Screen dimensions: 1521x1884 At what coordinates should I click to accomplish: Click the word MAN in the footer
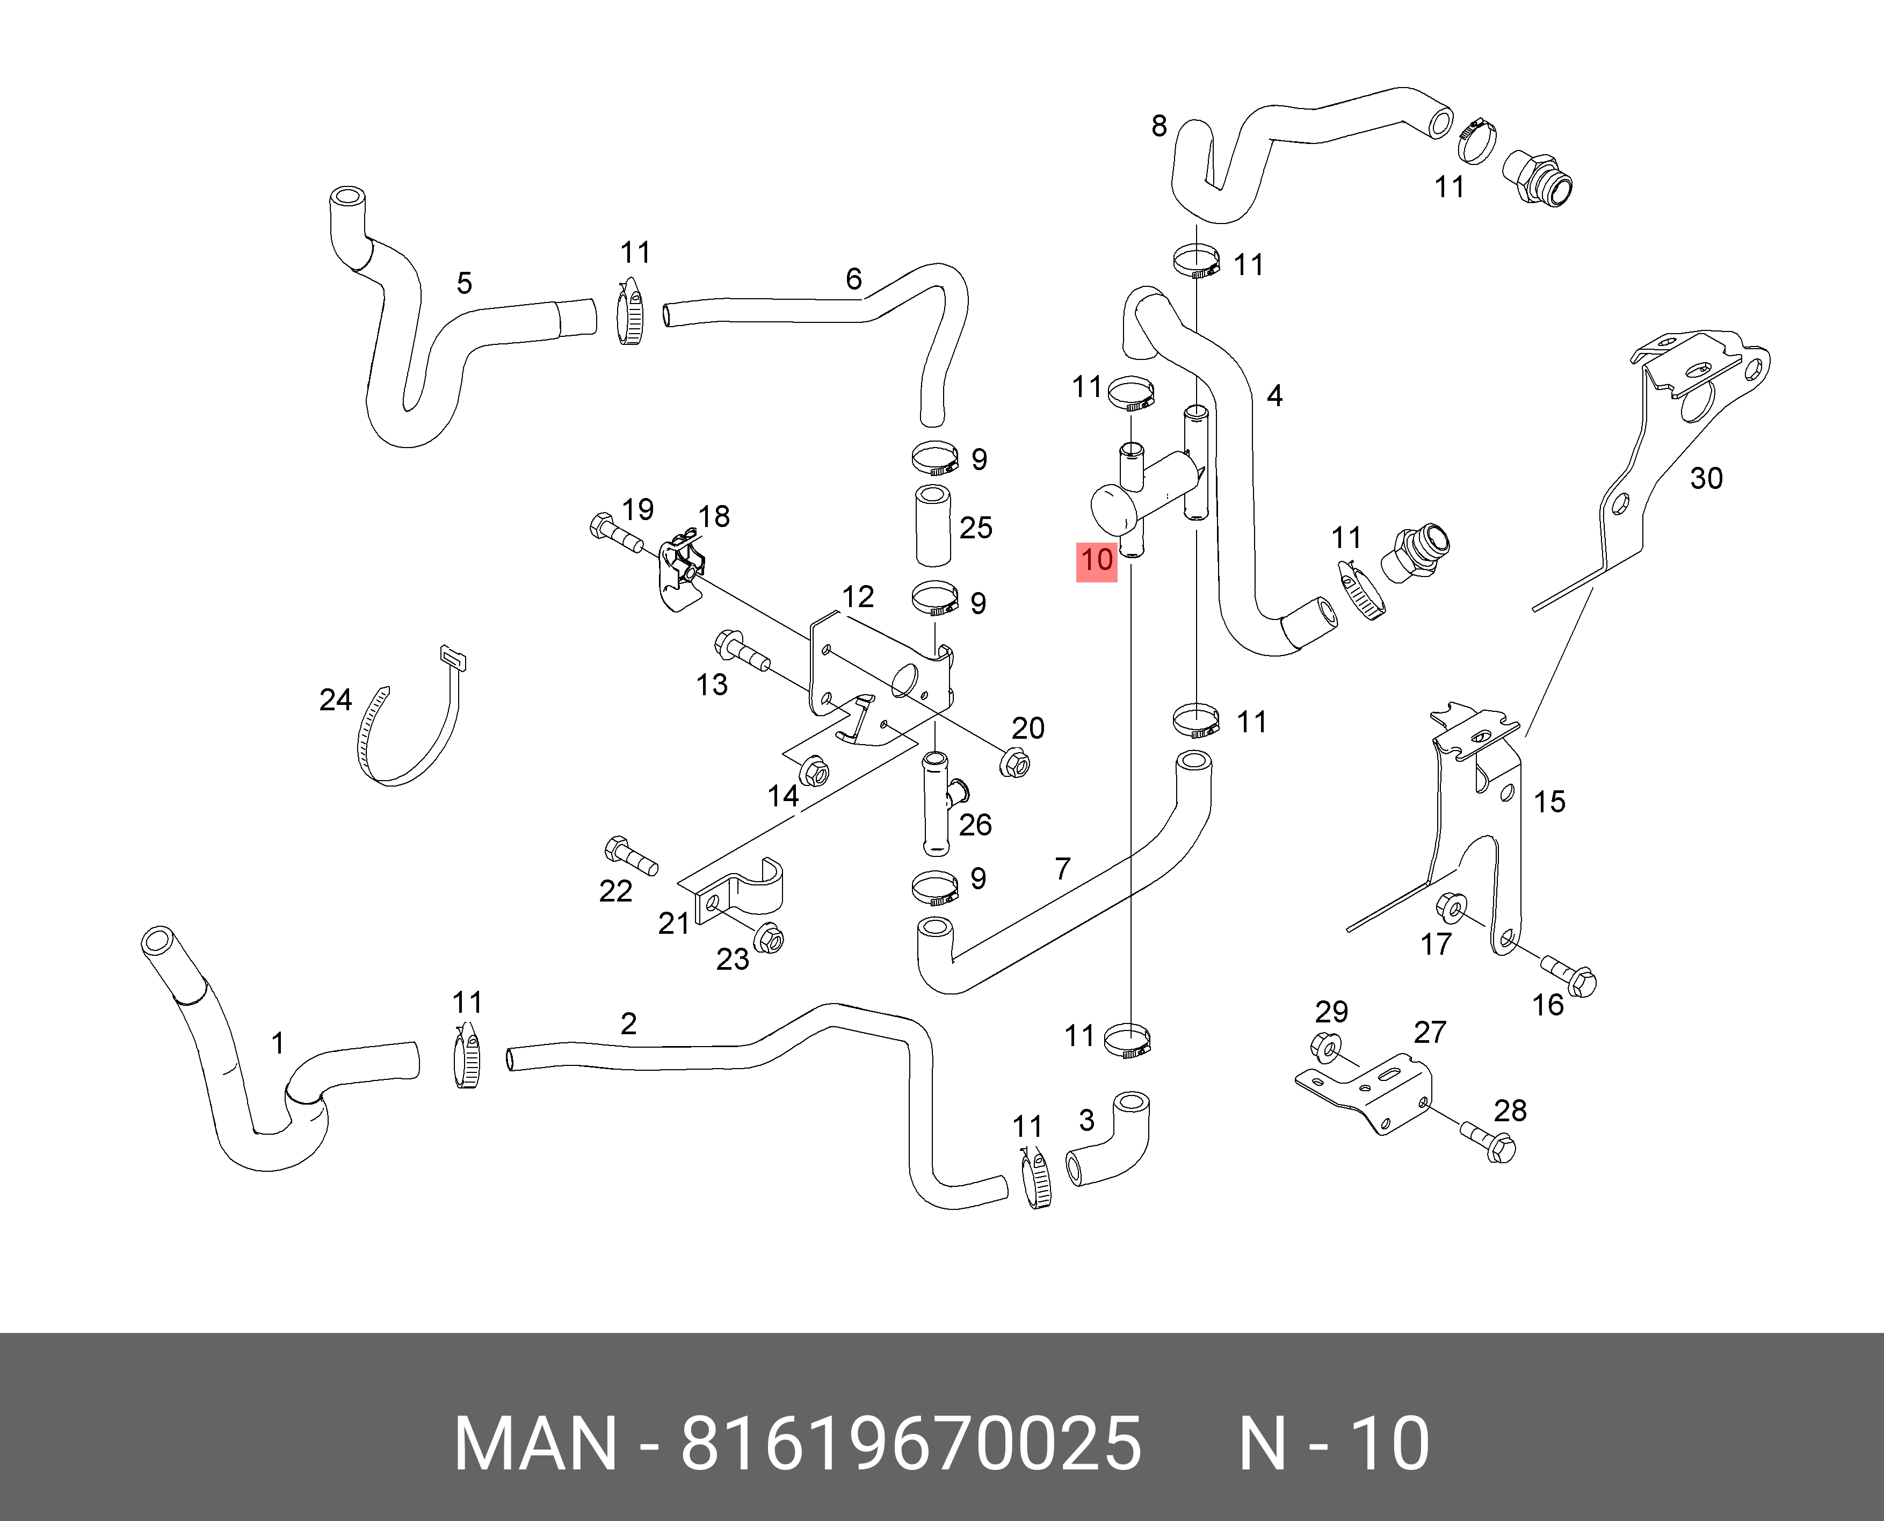(x=535, y=1443)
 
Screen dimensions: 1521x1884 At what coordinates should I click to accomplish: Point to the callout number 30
(x=1705, y=478)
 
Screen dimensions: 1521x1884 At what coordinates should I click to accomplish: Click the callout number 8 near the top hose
(x=1159, y=126)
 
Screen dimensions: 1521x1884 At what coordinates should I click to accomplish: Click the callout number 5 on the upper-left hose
(x=463, y=283)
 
